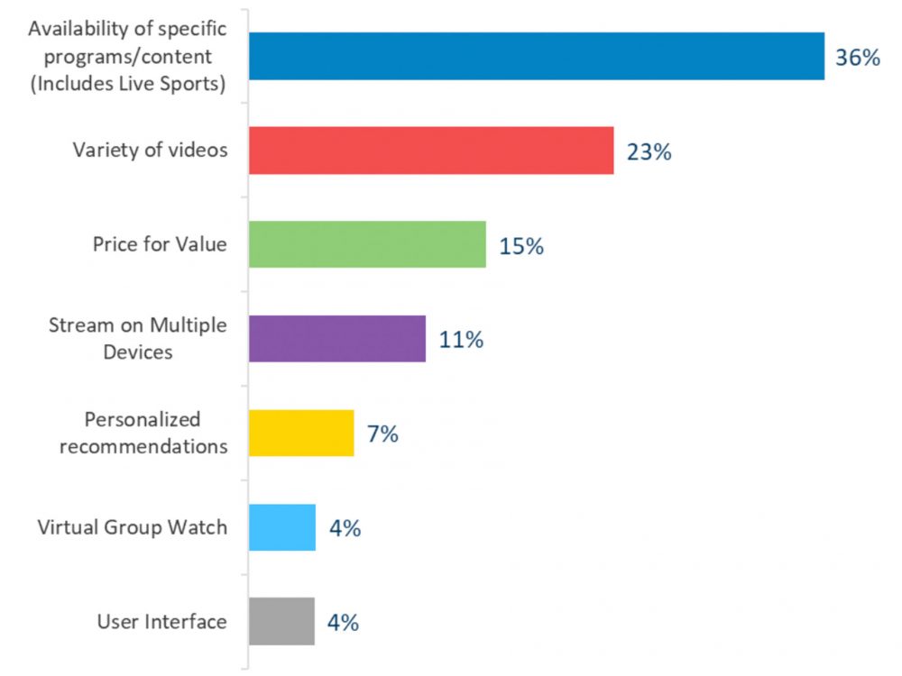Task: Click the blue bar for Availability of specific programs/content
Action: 536,56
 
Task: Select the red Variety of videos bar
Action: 430,151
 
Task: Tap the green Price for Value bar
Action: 366,244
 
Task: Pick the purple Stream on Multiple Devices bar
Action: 336,338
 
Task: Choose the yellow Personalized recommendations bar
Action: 300,433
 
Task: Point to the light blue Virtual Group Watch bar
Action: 281,527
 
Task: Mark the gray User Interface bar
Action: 281,621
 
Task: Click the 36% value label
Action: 857,59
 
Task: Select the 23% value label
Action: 649,152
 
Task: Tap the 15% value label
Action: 520,246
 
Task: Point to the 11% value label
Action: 461,340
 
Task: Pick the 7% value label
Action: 382,434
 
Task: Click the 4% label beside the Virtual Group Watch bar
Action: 345,528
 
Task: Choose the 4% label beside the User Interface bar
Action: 344,622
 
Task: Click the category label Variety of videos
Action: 150,150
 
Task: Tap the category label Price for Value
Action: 160,244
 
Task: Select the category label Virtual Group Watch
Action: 132,527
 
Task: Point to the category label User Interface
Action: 161,621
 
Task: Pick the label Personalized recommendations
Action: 143,433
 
